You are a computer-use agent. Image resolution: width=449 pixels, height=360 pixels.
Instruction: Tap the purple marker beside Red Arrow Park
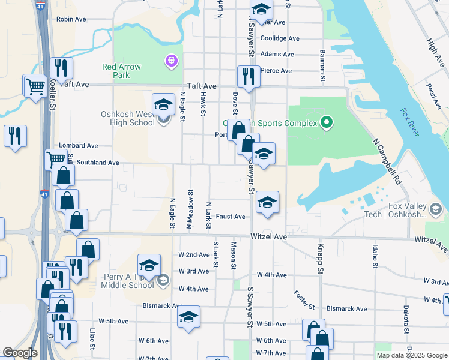pyautogui.click(x=172, y=61)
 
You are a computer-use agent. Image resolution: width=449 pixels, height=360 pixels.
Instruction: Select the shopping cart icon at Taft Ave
pyautogui.click(x=35, y=86)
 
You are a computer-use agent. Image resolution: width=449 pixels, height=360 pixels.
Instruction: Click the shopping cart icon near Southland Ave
pyautogui.click(x=56, y=159)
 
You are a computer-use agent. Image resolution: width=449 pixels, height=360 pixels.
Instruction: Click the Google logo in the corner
pyautogui.click(x=20, y=353)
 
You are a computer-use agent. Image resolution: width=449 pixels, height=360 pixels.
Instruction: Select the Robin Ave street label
pyautogui.click(x=71, y=19)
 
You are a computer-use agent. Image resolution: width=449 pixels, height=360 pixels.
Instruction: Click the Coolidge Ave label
pyautogui.click(x=279, y=38)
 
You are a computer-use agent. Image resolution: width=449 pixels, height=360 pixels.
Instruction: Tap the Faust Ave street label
pyautogui.click(x=231, y=217)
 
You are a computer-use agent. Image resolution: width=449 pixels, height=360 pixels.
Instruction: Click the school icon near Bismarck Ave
pyautogui.click(x=188, y=317)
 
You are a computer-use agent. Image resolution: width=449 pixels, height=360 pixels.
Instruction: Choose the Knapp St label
pyautogui.click(x=321, y=266)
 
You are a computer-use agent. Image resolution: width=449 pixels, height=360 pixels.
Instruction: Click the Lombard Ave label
pyautogui.click(x=78, y=146)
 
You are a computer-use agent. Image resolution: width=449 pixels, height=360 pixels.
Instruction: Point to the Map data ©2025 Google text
pyautogui.click(x=411, y=355)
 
